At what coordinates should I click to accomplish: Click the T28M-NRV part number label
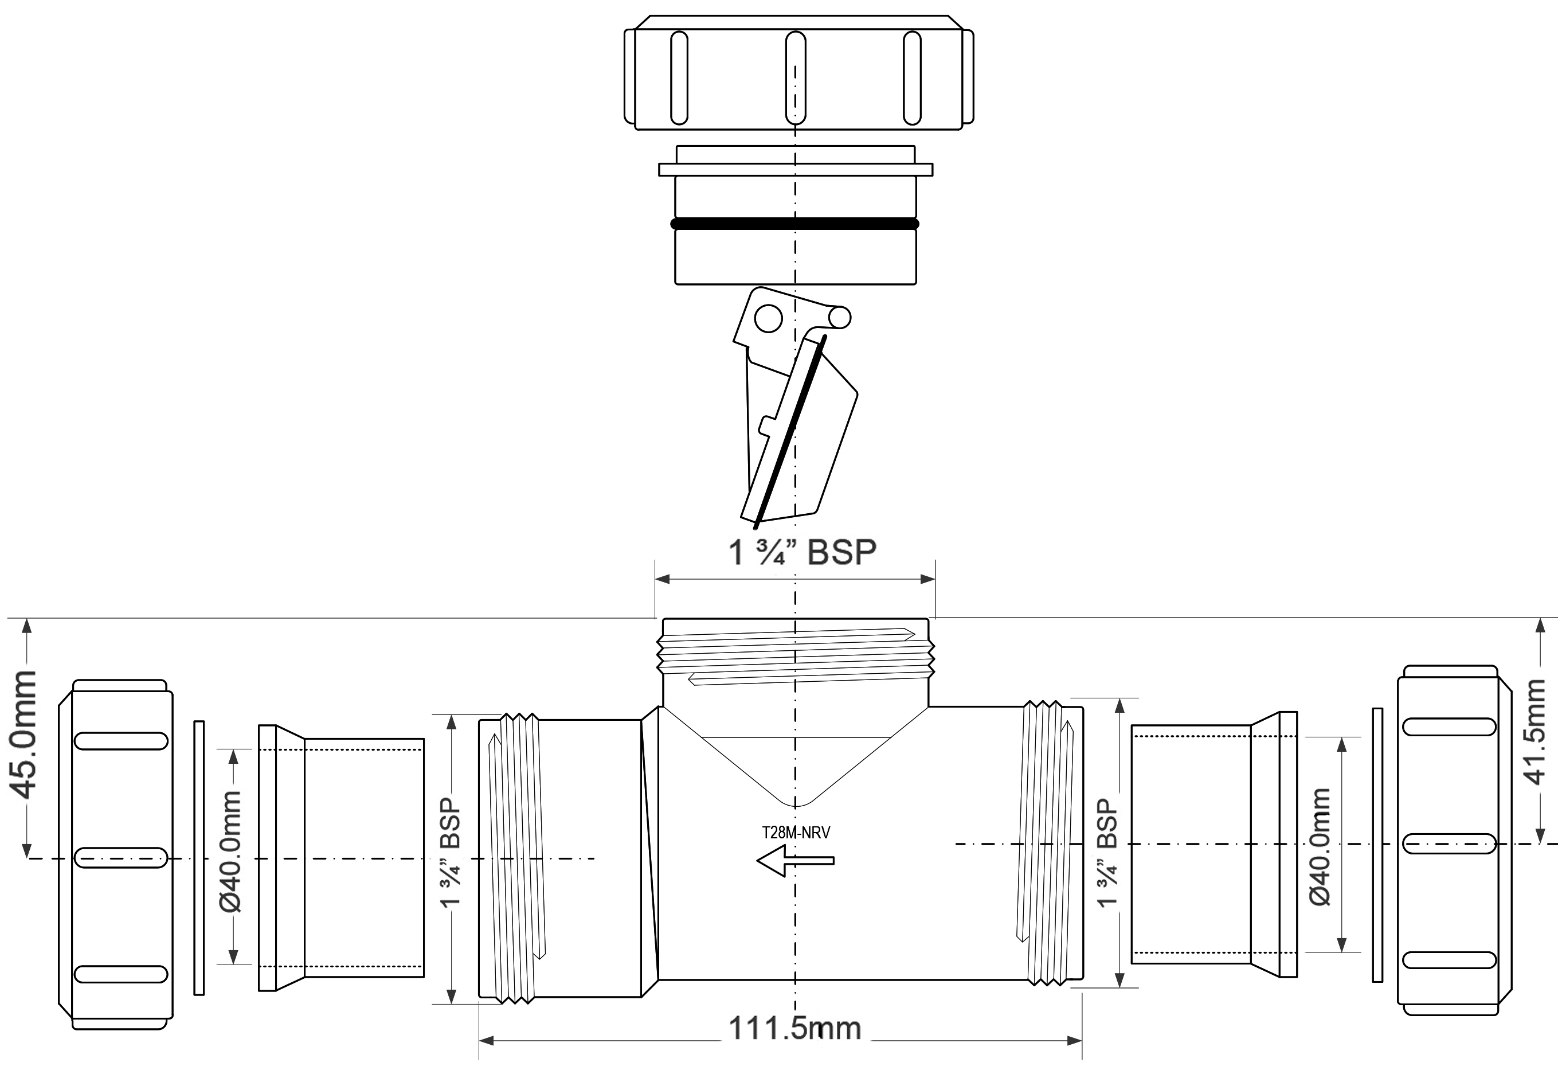coord(796,833)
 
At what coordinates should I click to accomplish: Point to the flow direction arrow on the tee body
coord(796,861)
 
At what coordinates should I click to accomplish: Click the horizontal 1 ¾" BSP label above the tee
coord(803,552)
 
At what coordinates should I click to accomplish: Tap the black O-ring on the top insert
coord(795,224)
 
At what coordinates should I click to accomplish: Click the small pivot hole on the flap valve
coord(768,318)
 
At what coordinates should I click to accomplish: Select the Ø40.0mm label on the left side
coord(230,851)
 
